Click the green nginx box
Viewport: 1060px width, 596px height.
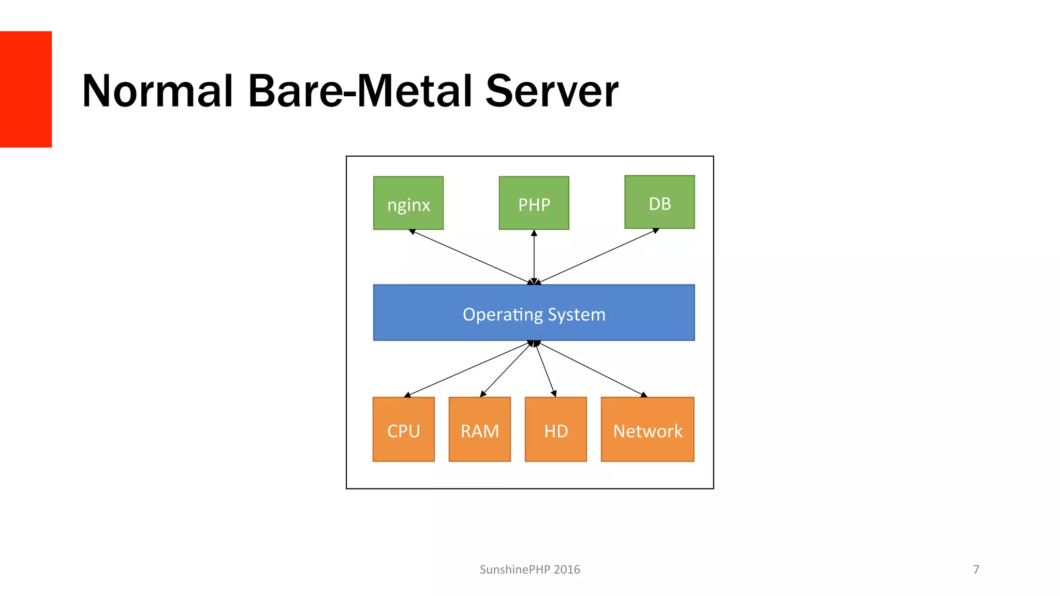pyautogui.click(x=408, y=203)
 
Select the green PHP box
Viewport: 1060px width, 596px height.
pyautogui.click(x=534, y=203)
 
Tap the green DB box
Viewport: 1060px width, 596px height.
pyautogui.click(x=659, y=202)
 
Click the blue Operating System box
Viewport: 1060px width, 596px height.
pyautogui.click(x=534, y=312)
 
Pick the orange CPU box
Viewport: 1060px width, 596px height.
pyautogui.click(x=404, y=429)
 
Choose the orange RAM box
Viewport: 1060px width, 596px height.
pyautogui.click(x=480, y=429)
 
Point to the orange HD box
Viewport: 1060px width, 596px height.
pyautogui.click(x=556, y=429)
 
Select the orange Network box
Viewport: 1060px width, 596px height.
pyautogui.click(x=647, y=429)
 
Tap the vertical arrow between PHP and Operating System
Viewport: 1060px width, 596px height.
pyautogui.click(x=534, y=257)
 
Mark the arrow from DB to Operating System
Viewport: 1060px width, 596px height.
pyautogui.click(x=597, y=256)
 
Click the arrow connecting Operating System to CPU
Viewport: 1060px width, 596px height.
pyautogui.click(x=468, y=369)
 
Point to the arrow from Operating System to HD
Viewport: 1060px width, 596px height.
pyautogui.click(x=546, y=369)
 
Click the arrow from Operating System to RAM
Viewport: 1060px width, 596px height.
pyautogui.click(x=506, y=369)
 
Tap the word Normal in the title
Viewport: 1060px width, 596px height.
pyautogui.click(x=158, y=91)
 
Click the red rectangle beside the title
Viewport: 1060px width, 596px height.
pyautogui.click(x=26, y=89)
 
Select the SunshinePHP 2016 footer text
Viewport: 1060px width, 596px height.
pyautogui.click(x=529, y=570)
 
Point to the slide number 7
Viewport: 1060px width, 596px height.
pyautogui.click(x=976, y=570)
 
